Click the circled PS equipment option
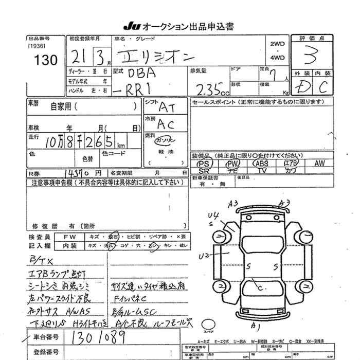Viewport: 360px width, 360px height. coord(202,164)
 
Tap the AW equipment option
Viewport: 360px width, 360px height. coord(319,164)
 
